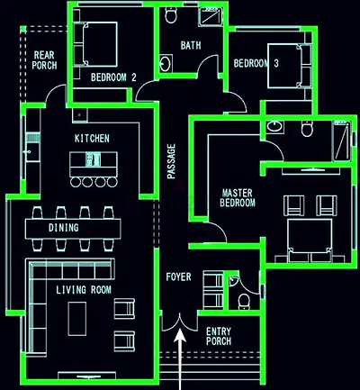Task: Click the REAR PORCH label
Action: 45,60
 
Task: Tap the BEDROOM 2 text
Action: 113,77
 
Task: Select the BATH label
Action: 191,45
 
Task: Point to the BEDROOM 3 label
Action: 256,64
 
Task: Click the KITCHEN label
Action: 92,139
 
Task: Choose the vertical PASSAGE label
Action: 172,161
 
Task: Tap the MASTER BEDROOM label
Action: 238,198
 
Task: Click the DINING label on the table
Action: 64,228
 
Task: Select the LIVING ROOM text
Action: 83,290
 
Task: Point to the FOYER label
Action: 178,277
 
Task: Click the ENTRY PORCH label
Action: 219,336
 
